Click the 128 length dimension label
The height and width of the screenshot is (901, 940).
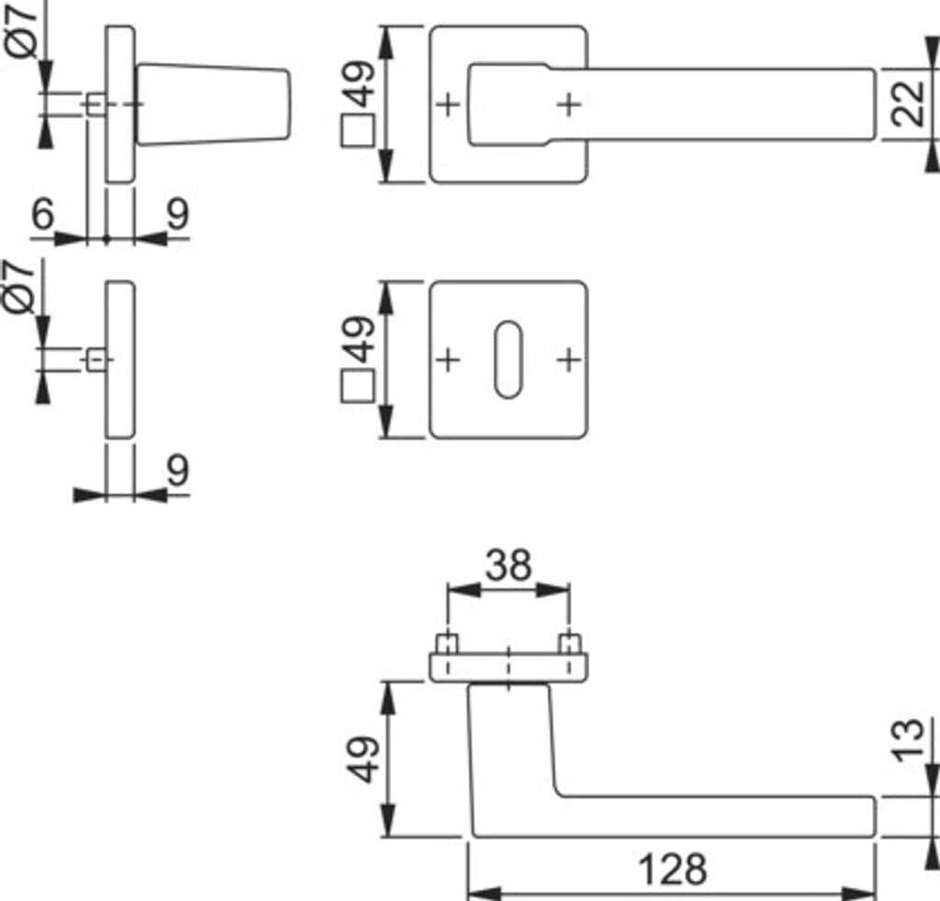pos(672,868)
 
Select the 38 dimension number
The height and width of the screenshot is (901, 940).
pos(508,566)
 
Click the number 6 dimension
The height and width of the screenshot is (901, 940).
pos(43,215)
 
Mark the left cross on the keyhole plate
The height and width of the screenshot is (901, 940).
pos(448,359)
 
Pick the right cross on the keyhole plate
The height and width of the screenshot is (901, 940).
pos(569,359)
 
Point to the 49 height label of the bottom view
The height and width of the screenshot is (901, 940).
pos(365,759)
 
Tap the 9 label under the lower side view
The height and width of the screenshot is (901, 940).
pos(177,471)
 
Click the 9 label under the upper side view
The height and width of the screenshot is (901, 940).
pos(177,215)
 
